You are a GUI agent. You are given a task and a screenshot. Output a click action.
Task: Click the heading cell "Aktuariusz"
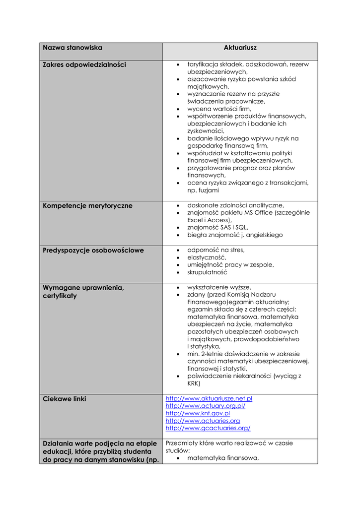pyautogui.click(x=240, y=48)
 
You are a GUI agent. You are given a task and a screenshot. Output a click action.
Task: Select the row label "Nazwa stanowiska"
pyautogui.click(x=72, y=48)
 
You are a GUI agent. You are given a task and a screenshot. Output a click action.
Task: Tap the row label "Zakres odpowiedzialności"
pyautogui.click(x=84, y=64)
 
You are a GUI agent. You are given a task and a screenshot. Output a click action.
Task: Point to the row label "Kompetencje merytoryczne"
pyautogui.click(x=88, y=205)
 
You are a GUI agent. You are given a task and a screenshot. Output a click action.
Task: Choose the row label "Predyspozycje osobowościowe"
pyautogui.click(x=93, y=250)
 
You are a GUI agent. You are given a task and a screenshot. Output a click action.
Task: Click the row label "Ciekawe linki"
pyautogui.click(x=65, y=399)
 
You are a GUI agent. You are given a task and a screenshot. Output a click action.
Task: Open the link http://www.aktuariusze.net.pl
pyautogui.click(x=209, y=398)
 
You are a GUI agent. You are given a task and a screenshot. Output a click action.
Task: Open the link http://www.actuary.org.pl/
pyautogui.click(x=206, y=406)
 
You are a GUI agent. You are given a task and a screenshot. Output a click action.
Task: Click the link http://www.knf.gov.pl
pyautogui.click(x=198, y=413)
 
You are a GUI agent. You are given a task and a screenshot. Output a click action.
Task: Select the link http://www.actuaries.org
pyautogui.click(x=203, y=421)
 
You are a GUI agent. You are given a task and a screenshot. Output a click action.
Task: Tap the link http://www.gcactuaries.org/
pyautogui.click(x=208, y=428)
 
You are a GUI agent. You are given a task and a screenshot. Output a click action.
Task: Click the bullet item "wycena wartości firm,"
pyautogui.click(x=219, y=109)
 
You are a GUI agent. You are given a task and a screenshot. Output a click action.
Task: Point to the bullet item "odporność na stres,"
pyautogui.click(x=216, y=250)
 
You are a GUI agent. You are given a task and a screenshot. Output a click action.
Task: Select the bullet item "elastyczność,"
pyautogui.click(x=207, y=257)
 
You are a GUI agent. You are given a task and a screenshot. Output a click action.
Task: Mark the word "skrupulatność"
pyautogui.click(x=207, y=272)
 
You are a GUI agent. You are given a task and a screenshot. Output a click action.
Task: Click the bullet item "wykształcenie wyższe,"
pyautogui.click(x=219, y=287)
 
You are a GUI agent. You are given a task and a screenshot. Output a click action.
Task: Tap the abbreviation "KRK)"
pyautogui.click(x=194, y=383)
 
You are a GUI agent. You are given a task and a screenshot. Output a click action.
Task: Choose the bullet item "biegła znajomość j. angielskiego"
pyautogui.click(x=235, y=235)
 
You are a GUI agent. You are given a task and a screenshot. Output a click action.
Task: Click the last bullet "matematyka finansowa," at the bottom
pyautogui.click(x=223, y=458)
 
